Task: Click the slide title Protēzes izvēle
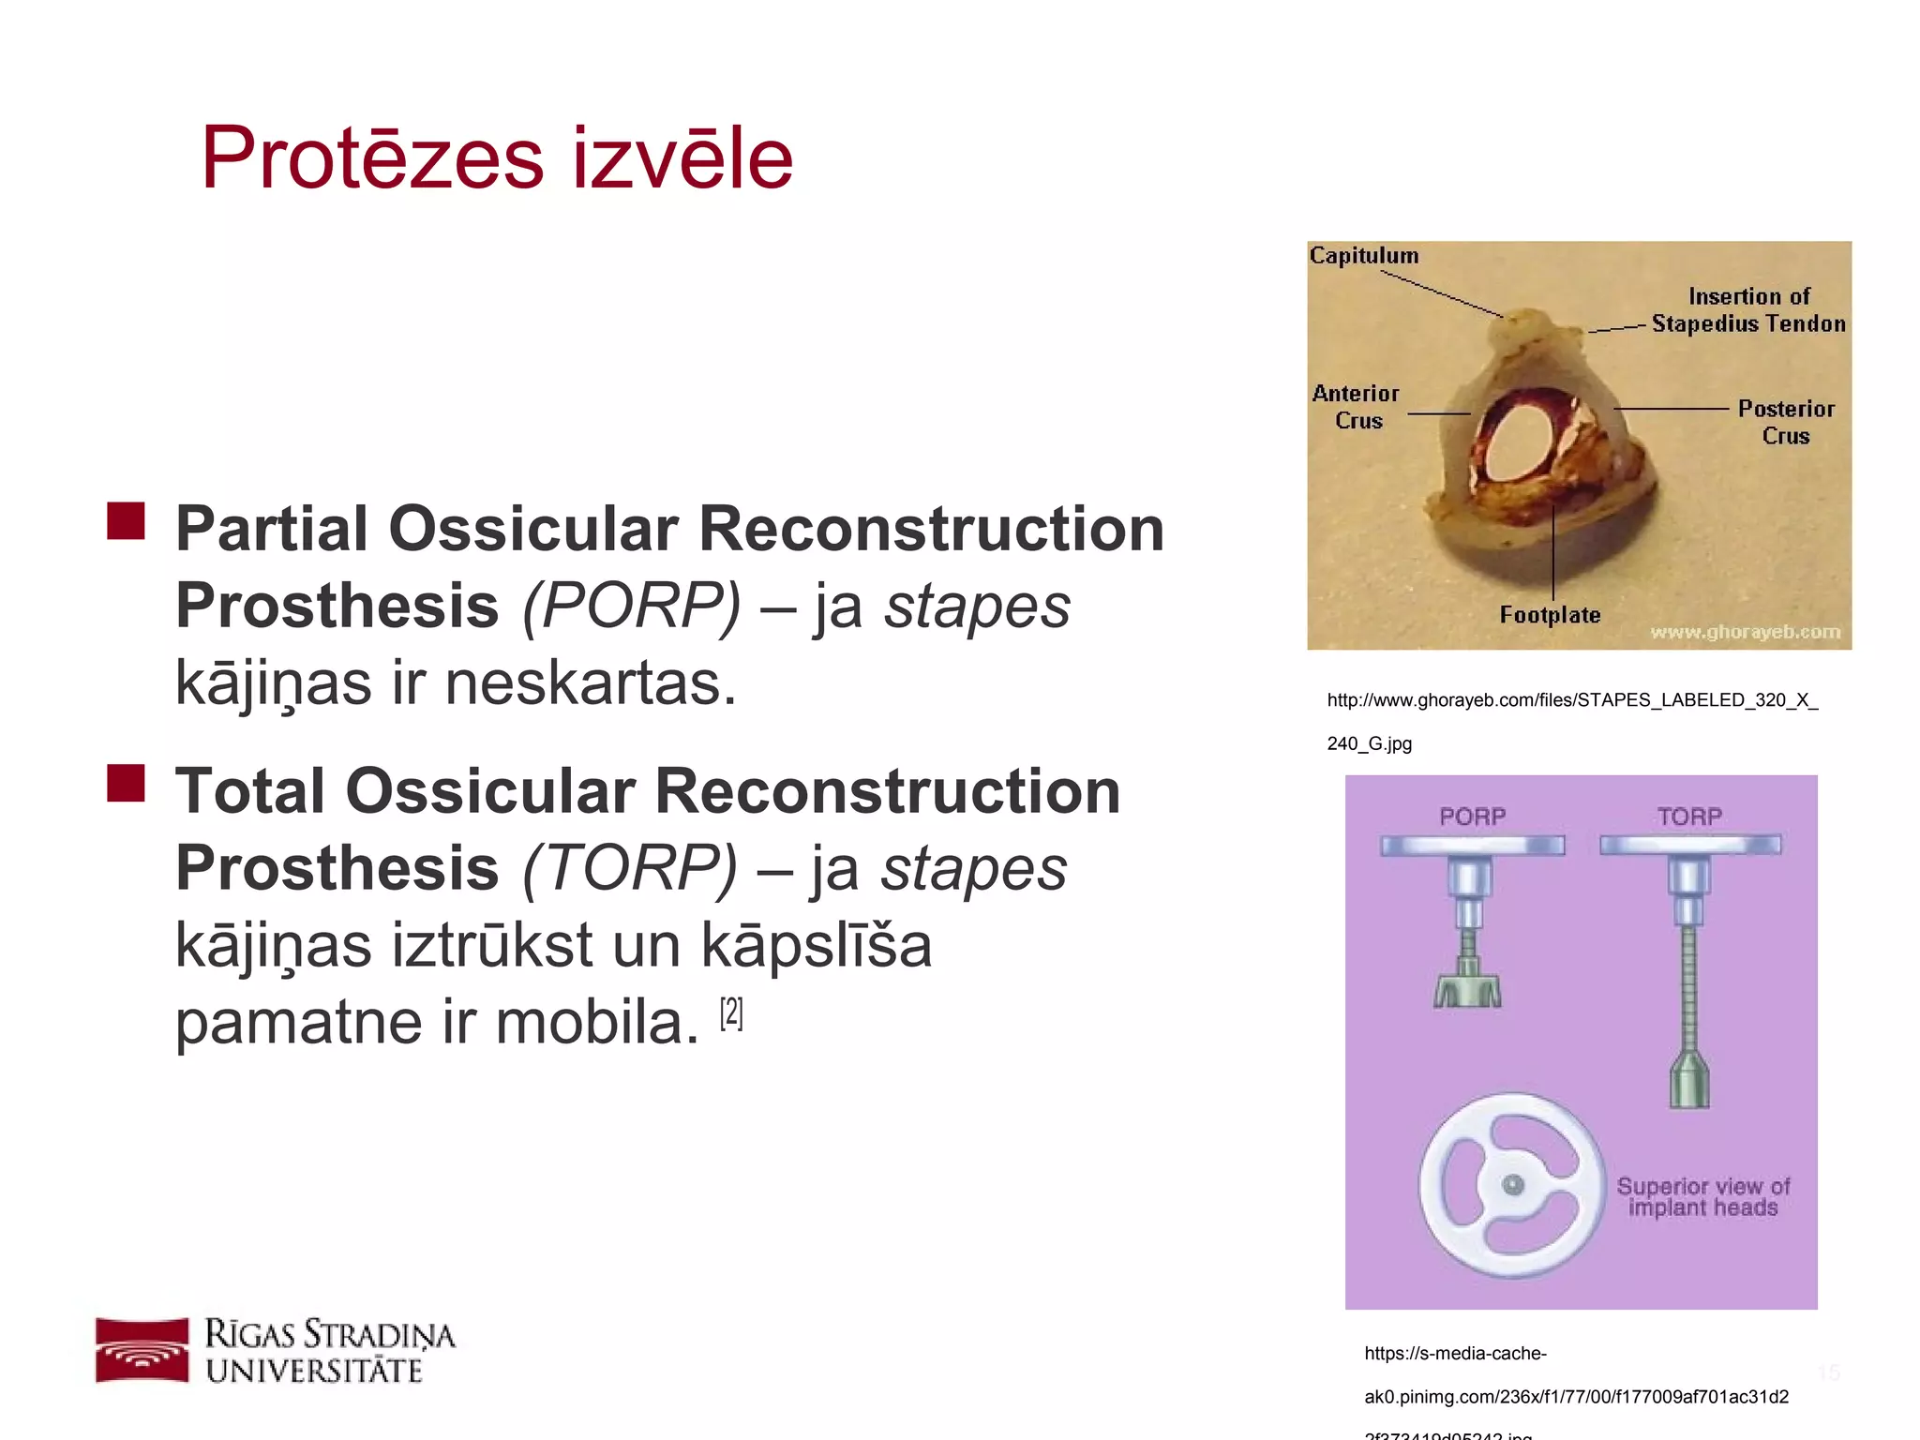pos(497,157)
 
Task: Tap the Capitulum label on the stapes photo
pos(1363,255)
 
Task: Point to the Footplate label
pos(1550,615)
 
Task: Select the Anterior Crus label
pos(1356,407)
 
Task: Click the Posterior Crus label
pos(1785,422)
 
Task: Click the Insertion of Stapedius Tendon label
pos(1747,310)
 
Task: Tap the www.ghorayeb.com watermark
pos(1745,632)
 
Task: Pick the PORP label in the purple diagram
pos(1472,817)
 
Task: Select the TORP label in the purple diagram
pos(1688,817)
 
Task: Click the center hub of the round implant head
pos(1512,1185)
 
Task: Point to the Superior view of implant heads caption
pos(1702,1197)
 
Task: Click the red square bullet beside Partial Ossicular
pos(126,521)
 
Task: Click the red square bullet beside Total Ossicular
pos(126,783)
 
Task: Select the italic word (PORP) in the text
pos(631,606)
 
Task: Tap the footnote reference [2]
pos(731,1013)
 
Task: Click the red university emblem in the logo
pos(142,1350)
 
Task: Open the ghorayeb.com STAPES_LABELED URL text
pos(1571,701)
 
